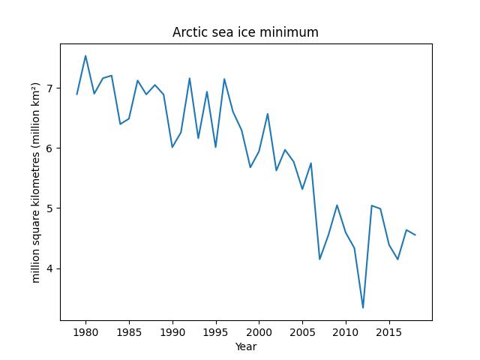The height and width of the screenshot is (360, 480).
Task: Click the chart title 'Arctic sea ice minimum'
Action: click(x=245, y=32)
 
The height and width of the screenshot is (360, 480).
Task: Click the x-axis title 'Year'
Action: click(x=245, y=347)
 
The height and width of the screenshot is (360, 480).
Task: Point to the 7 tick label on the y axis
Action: click(x=50, y=88)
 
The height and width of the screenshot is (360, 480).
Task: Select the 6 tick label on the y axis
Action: click(x=50, y=148)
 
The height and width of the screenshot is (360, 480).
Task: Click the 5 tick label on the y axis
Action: click(x=50, y=208)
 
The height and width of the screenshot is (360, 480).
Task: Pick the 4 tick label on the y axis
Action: click(x=50, y=268)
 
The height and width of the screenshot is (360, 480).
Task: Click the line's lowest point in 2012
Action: click(x=363, y=307)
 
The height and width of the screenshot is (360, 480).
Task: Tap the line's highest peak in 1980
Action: click(x=85, y=55)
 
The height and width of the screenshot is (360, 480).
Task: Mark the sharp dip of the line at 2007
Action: click(x=319, y=259)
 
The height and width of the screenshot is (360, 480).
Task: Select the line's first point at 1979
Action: click(x=77, y=94)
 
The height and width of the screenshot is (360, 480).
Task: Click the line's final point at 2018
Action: click(x=415, y=235)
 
